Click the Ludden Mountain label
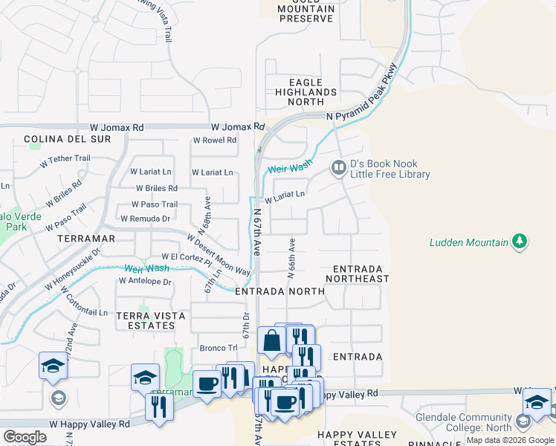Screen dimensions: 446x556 click(468, 243)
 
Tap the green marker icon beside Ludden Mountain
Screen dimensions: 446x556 click(520, 242)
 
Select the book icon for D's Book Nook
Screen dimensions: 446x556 click(338, 169)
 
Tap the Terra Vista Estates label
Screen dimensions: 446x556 click(151, 321)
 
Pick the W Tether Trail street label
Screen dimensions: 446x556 click(65, 158)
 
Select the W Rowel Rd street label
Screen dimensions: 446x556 click(215, 140)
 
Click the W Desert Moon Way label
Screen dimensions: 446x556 click(219, 255)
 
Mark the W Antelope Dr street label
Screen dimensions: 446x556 click(145, 282)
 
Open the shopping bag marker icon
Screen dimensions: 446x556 click(271, 341)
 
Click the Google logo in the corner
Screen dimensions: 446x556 click(25, 438)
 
